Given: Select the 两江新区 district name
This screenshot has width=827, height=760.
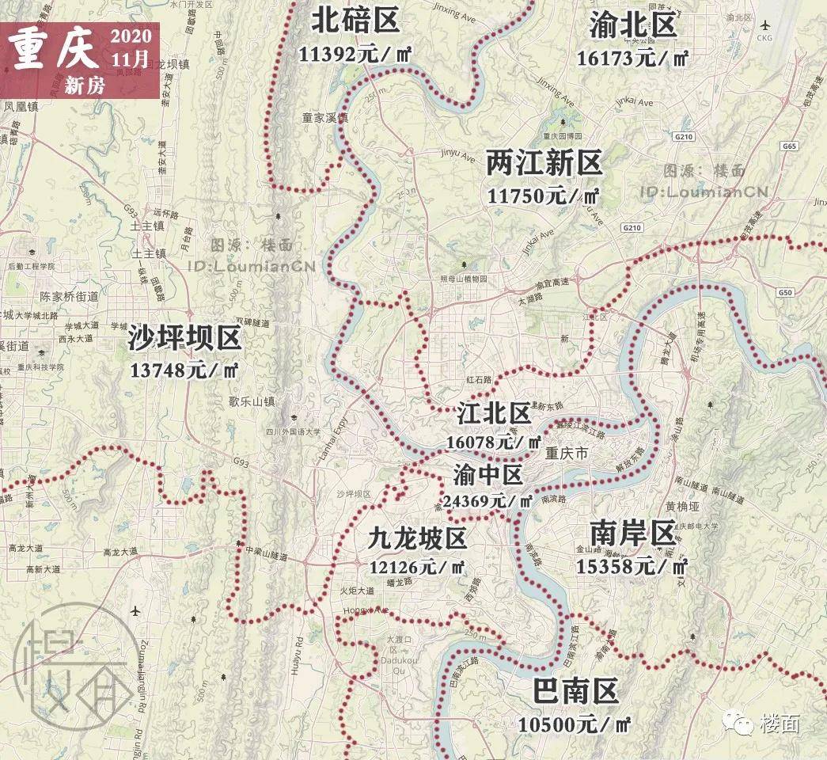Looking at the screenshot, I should click(544, 164).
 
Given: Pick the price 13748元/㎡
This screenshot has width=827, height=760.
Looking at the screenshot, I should click(183, 370).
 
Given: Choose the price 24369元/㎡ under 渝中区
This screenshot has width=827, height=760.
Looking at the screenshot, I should click(487, 500).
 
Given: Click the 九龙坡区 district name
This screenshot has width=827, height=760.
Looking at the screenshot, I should click(417, 538).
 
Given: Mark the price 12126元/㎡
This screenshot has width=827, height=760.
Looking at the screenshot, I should click(417, 567).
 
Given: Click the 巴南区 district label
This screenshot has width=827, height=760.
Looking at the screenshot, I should click(575, 692).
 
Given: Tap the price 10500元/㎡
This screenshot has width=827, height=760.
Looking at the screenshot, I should click(575, 724).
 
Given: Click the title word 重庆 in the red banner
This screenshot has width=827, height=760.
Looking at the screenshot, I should click(55, 52).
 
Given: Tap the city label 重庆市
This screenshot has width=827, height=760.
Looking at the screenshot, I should click(567, 454).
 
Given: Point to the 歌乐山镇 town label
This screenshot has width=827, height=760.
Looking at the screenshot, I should click(252, 401).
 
